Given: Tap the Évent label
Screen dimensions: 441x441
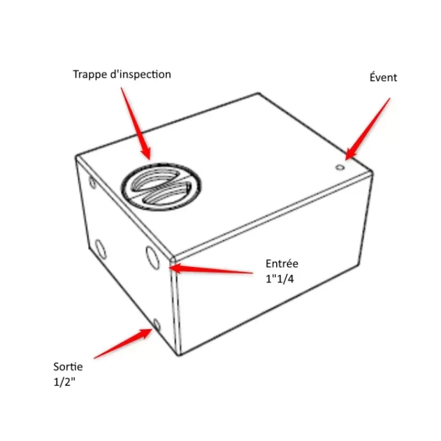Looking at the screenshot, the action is point(383,77).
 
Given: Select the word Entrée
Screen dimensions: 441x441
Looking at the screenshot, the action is point(282,263).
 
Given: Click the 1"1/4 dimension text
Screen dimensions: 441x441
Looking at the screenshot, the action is point(279,279).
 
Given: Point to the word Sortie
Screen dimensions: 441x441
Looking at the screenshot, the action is point(68,367).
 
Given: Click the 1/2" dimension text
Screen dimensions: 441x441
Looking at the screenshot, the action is point(64,382).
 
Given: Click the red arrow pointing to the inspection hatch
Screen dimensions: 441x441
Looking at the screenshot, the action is point(136,123).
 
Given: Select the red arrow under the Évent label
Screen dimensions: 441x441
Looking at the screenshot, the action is point(368,129).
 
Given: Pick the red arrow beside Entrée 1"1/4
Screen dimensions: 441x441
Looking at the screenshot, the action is point(211,269).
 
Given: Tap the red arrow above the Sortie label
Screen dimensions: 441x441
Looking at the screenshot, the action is point(122,343).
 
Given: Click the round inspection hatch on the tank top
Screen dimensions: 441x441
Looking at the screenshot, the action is point(162,186).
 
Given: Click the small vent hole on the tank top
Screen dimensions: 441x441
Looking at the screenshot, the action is point(340,168).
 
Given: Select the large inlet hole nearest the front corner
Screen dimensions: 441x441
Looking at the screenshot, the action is point(153,257).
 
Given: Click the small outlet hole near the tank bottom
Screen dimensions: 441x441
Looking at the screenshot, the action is point(157,325).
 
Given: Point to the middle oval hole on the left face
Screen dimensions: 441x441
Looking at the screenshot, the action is point(100,249).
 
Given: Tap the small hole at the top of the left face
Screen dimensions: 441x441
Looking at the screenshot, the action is point(93,182).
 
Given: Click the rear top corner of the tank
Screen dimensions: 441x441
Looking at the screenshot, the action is point(259,93).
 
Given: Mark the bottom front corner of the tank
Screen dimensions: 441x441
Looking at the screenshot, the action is point(179,356).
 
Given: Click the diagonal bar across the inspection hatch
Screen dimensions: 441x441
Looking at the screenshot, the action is point(162,186).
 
